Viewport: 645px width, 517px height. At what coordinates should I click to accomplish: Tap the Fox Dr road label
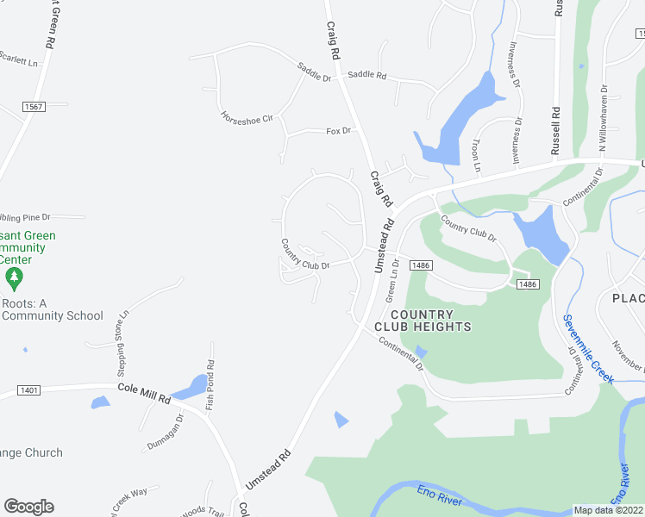[339, 131]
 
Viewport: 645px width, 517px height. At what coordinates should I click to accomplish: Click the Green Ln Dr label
[391, 281]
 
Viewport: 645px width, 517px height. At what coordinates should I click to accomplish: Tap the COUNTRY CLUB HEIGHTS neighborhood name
[423, 321]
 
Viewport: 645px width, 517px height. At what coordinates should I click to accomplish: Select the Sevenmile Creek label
[589, 350]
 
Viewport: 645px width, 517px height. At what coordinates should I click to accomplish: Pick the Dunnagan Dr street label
[166, 428]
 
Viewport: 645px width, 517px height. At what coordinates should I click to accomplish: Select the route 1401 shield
[28, 390]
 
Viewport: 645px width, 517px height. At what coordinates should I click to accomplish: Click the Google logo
[28, 507]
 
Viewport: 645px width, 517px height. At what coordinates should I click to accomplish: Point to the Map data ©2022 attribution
[608, 510]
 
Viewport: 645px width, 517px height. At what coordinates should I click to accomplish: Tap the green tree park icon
[13, 277]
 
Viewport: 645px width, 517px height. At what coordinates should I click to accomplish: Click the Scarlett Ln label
[20, 62]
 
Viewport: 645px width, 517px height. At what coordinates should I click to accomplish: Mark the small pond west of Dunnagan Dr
[100, 402]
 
